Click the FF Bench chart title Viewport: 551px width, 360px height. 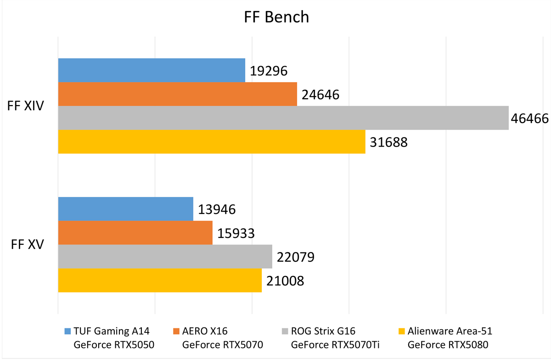point(276,17)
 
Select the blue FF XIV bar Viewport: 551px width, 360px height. point(152,70)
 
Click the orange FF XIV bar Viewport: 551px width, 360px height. point(177,94)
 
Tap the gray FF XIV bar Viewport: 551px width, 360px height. point(283,118)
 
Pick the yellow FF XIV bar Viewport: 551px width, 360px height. point(211,141)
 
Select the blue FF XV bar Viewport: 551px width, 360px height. point(125,209)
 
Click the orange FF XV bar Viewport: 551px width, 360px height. point(135,232)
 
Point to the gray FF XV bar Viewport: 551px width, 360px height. point(165,256)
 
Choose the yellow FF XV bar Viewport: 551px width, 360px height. point(159,280)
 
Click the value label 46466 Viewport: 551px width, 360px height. point(529,118)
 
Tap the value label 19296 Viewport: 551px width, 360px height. point(269,71)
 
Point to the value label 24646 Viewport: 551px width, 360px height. point(320,95)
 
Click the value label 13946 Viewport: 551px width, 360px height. point(217,210)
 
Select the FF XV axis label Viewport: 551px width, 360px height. point(28,245)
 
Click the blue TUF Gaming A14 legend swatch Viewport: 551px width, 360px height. point(68,331)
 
